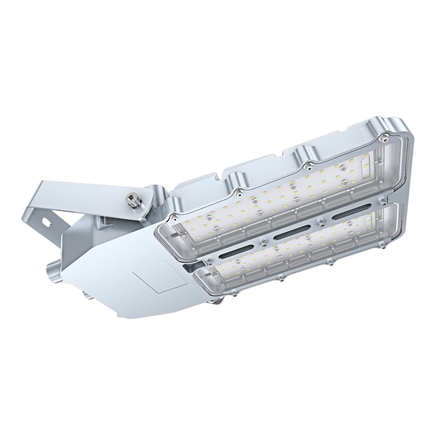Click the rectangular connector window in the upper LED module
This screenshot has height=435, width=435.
point(365,164)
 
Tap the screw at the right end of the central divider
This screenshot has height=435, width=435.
point(381,200)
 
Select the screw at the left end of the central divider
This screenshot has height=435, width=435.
point(209,261)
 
